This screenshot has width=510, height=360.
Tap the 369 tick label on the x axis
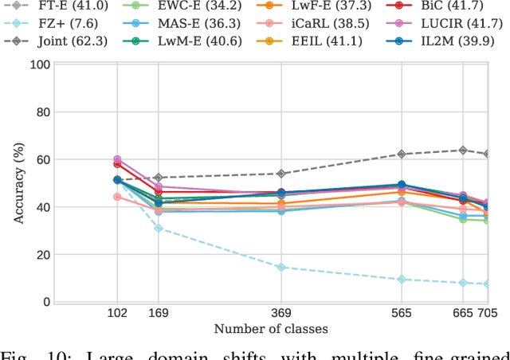pyautogui.click(x=280, y=315)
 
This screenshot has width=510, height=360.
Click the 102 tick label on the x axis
pyautogui.click(x=117, y=315)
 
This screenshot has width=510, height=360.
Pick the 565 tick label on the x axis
pyautogui.click(x=402, y=315)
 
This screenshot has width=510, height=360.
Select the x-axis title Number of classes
pyautogui.click(x=271, y=329)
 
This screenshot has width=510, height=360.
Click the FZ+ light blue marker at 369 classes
pyautogui.click(x=280, y=268)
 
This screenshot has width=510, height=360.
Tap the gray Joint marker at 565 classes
pyautogui.click(x=402, y=154)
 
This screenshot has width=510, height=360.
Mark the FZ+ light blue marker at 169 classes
pyautogui.click(x=159, y=229)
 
